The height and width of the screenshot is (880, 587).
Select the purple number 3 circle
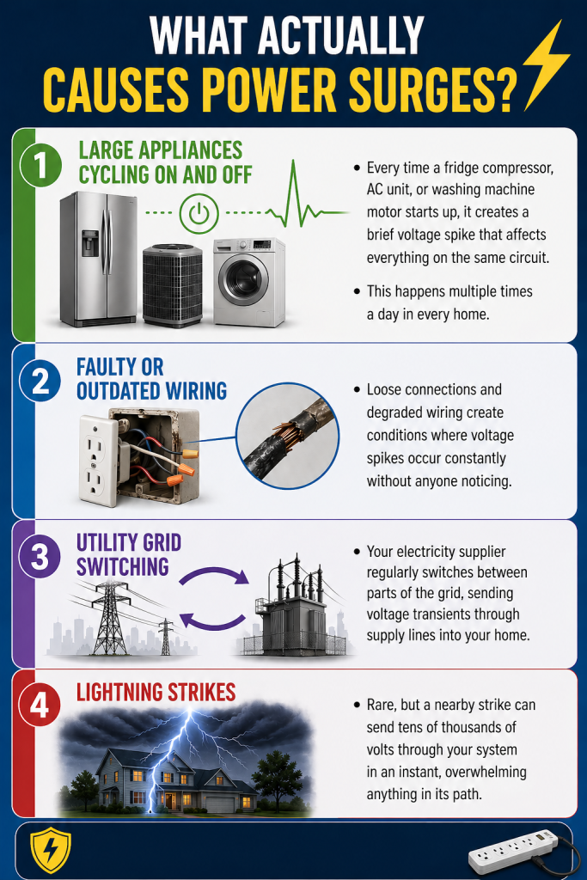tap(40, 555)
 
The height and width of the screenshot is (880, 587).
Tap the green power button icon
tap(199, 212)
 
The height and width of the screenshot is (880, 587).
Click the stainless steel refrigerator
tap(97, 258)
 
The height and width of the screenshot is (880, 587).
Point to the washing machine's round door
tap(245, 284)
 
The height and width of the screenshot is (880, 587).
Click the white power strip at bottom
tap(513, 852)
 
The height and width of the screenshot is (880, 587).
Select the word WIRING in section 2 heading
tap(187, 391)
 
